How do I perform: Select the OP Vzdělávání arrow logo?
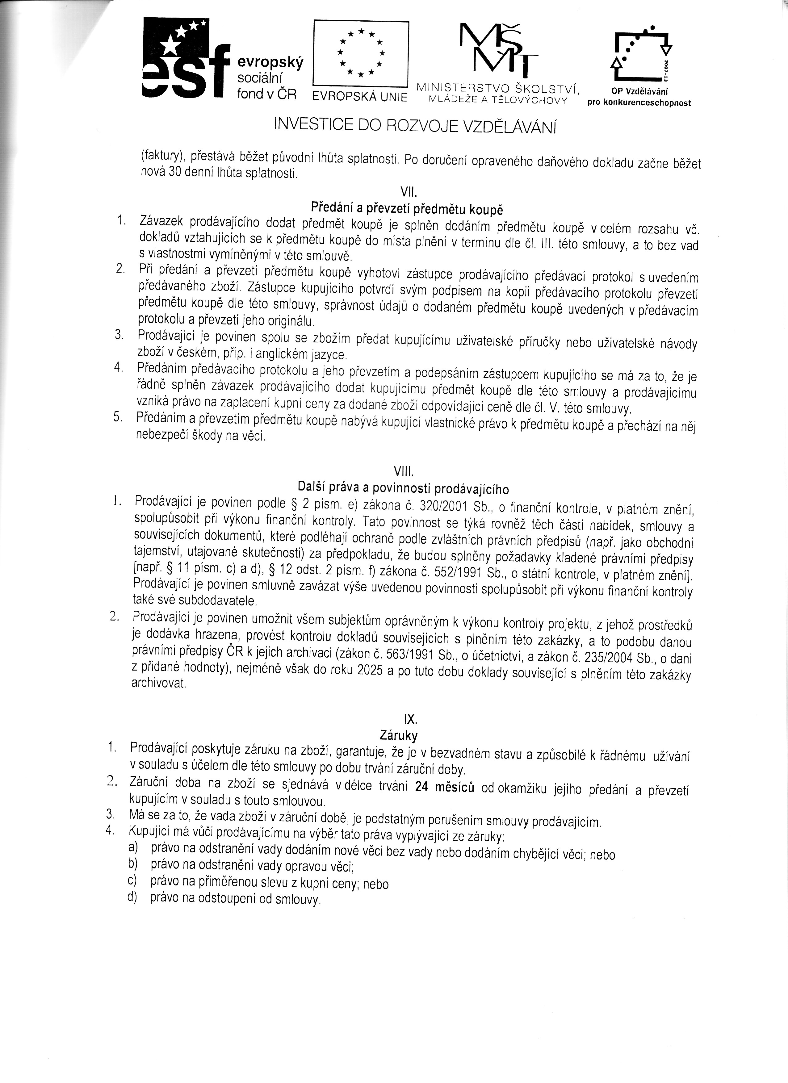point(642,55)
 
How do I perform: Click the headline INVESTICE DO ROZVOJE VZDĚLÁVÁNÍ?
point(416,125)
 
